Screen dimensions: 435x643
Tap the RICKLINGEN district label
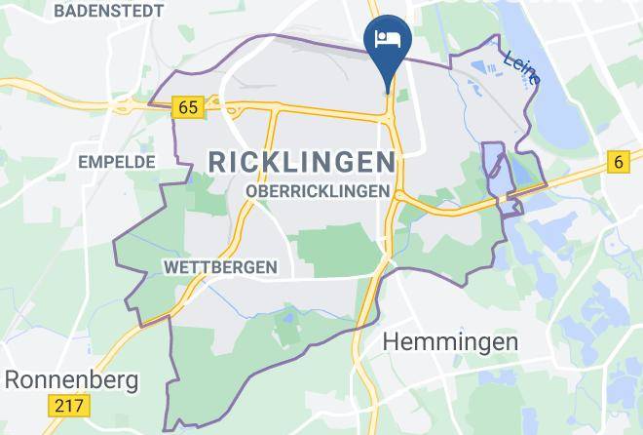(x=303, y=162)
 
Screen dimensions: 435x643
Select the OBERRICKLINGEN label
(x=320, y=192)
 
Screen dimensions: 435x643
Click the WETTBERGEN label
(x=220, y=266)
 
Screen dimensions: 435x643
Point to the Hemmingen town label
(x=450, y=341)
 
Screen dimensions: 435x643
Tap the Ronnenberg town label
(x=71, y=378)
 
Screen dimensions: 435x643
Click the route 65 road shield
(x=188, y=107)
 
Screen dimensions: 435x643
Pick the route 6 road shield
(x=618, y=162)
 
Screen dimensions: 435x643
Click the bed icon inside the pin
(x=388, y=38)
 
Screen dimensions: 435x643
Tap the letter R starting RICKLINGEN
(x=217, y=162)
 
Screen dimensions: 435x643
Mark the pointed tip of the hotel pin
(x=388, y=91)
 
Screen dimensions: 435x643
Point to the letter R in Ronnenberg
(x=13, y=378)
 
